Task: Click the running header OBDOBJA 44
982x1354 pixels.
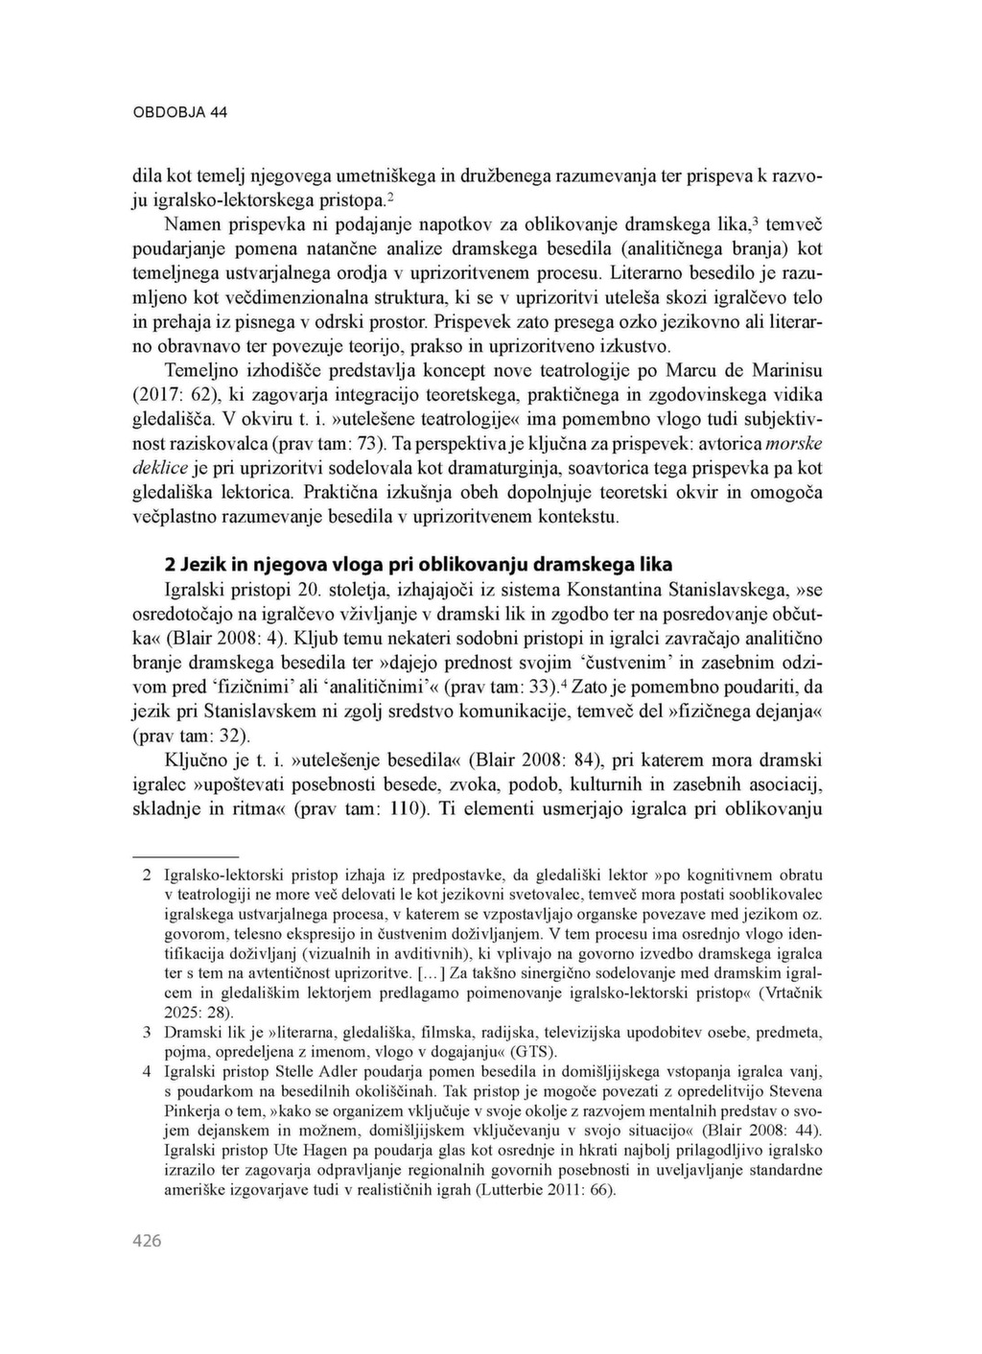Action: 179,112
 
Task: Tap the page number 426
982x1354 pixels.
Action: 146,1241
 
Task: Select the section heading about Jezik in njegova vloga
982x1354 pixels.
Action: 419,563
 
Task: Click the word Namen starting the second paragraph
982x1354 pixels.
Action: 191,225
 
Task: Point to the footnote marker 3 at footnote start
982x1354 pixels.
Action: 147,1033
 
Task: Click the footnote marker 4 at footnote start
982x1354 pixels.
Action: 147,1071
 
